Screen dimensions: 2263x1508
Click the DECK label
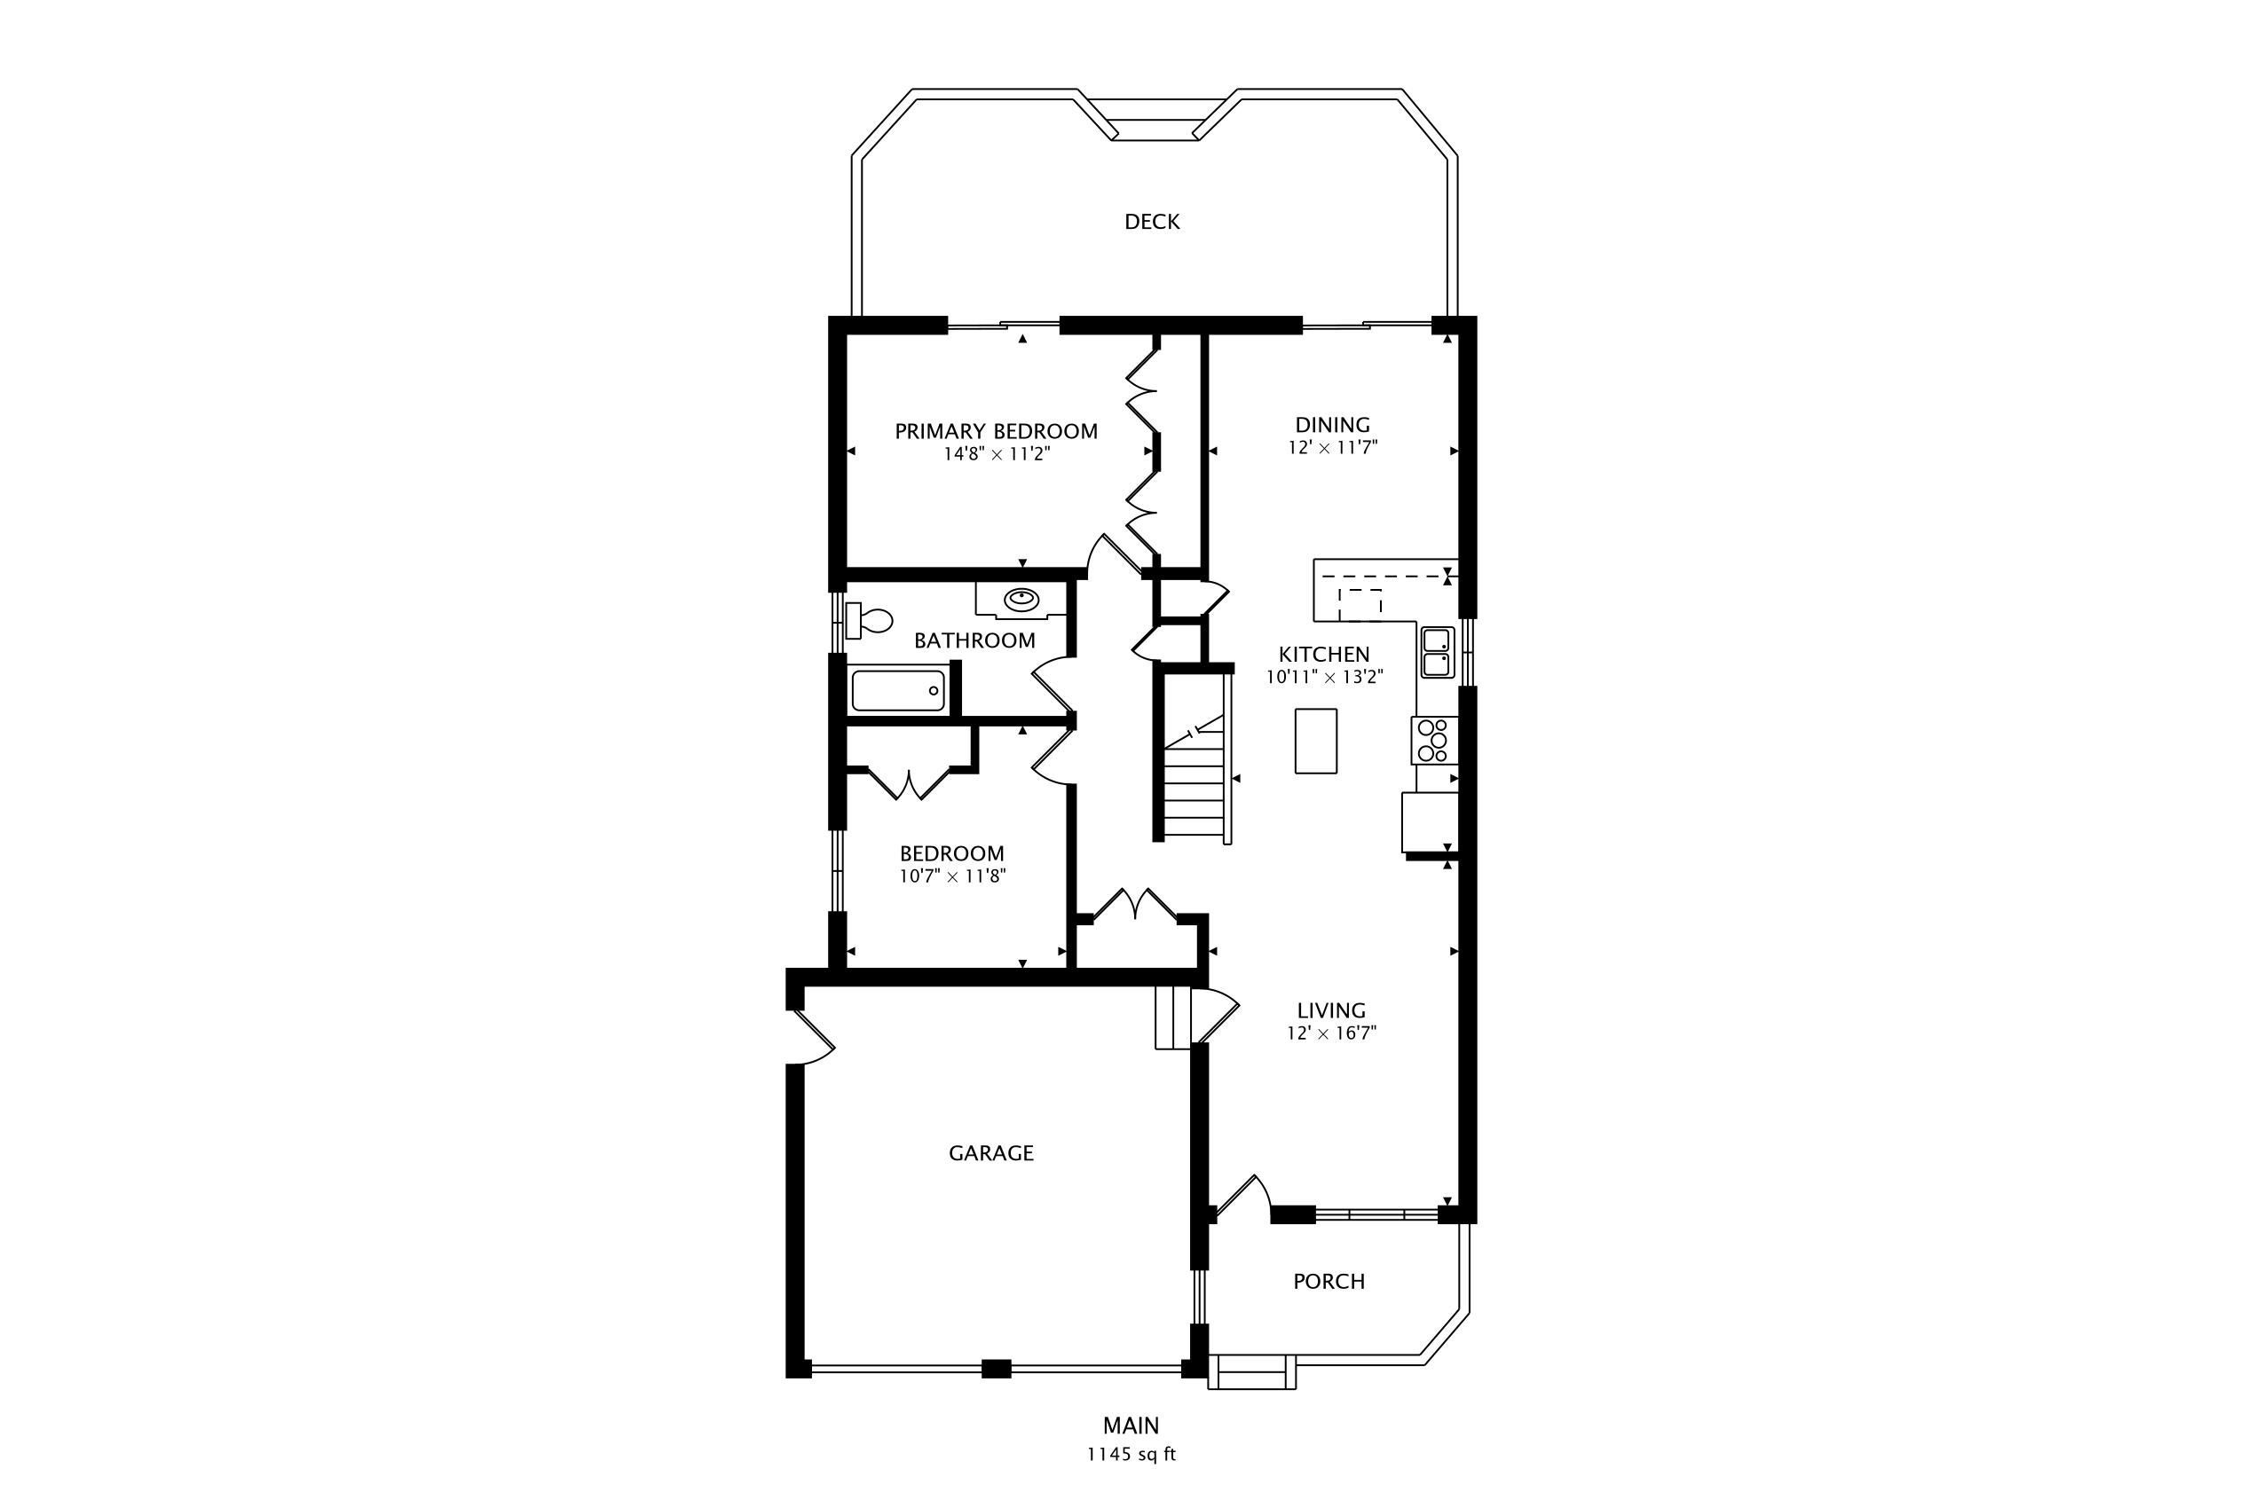pyautogui.click(x=1152, y=222)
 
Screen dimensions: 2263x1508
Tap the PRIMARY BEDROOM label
pyautogui.click(x=996, y=432)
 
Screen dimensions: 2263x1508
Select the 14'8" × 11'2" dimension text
pyautogui.click(x=996, y=455)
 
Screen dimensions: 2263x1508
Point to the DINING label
pyautogui.click(x=1333, y=425)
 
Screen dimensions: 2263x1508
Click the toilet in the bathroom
pyautogui.click(x=868, y=620)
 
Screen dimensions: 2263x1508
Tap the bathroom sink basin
pyautogui.click(x=1021, y=601)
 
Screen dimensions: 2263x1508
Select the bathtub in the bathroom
pyautogui.click(x=898, y=690)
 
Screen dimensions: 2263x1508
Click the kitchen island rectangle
pyautogui.click(x=1315, y=741)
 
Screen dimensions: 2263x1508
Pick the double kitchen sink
pyautogui.click(x=1438, y=652)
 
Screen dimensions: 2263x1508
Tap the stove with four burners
pyautogui.click(x=1433, y=741)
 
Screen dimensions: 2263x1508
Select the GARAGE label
pyautogui.click(x=991, y=1153)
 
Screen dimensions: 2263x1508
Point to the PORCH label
pyautogui.click(x=1329, y=1282)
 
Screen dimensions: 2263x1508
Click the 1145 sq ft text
pyautogui.click(x=1131, y=1454)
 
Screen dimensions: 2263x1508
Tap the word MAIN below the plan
pyautogui.click(x=1131, y=1426)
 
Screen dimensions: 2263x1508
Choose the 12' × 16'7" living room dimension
pyautogui.click(x=1333, y=1033)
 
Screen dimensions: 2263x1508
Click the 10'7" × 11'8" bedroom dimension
pyautogui.click(x=952, y=876)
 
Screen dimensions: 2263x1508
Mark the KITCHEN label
pyautogui.click(x=1324, y=655)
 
